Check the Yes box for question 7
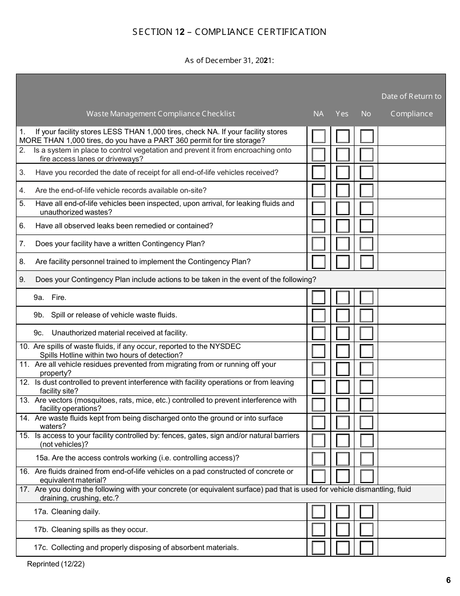tap(343, 244)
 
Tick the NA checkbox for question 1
tap(319, 136)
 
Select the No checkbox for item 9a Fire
tap(367, 297)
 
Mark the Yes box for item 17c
tap(343, 548)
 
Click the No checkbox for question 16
tap(367, 476)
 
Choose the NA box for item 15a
tap(319, 458)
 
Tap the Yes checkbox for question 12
tap(343, 387)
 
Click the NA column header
tap(319, 114)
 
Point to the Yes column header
tap(342, 114)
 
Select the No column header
tap(366, 114)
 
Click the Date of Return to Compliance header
tap(412, 105)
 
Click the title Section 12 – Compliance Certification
tap(230, 32)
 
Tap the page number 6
tap(448, 580)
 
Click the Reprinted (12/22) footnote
tap(56, 564)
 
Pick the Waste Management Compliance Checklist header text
tap(161, 114)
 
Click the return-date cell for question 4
tap(412, 190)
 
